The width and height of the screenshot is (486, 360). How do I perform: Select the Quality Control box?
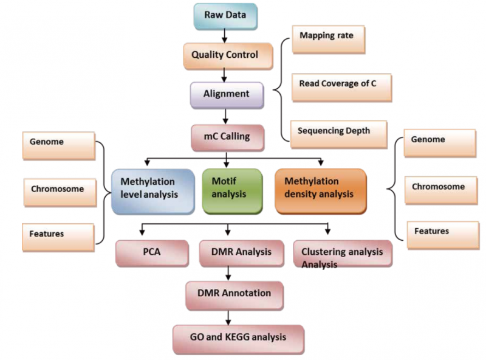(224, 55)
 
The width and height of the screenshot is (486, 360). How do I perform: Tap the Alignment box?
(225, 95)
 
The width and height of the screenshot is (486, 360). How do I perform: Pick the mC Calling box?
(226, 137)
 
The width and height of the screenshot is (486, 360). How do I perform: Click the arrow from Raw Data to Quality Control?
(224, 36)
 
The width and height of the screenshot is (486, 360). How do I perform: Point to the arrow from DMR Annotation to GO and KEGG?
(228, 316)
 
